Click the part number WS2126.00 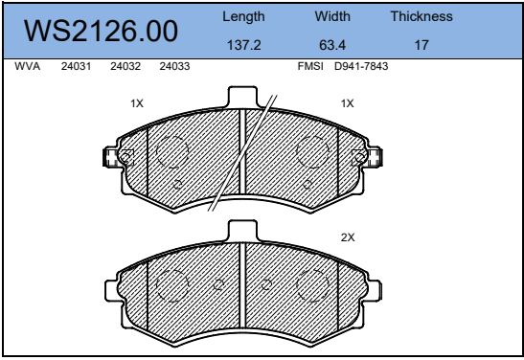click(x=101, y=31)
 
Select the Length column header click(x=243, y=16)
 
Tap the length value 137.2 click(x=243, y=45)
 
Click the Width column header click(x=332, y=16)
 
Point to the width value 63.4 click(x=332, y=45)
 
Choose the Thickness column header click(x=421, y=16)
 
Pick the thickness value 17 click(x=421, y=45)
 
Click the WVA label click(x=28, y=66)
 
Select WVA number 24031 click(x=76, y=66)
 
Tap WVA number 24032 click(x=125, y=66)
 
